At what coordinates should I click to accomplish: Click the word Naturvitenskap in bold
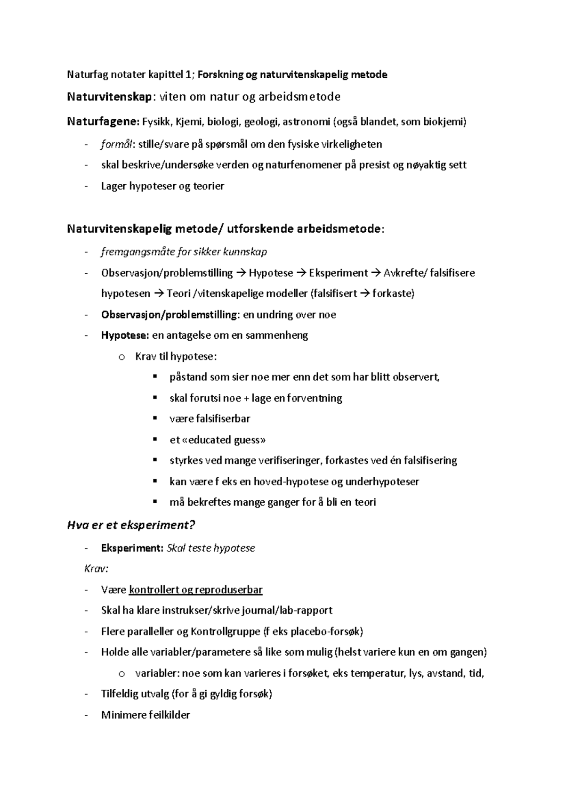(110, 97)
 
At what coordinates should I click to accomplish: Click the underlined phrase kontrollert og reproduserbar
(195, 590)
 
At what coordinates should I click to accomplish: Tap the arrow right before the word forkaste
(365, 294)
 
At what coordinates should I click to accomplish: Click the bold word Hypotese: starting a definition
(125, 335)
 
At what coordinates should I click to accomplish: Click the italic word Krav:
(96, 569)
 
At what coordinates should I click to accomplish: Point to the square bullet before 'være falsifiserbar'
(154, 418)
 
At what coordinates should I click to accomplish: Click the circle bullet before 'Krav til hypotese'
(121, 357)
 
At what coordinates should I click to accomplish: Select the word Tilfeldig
(121, 694)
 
